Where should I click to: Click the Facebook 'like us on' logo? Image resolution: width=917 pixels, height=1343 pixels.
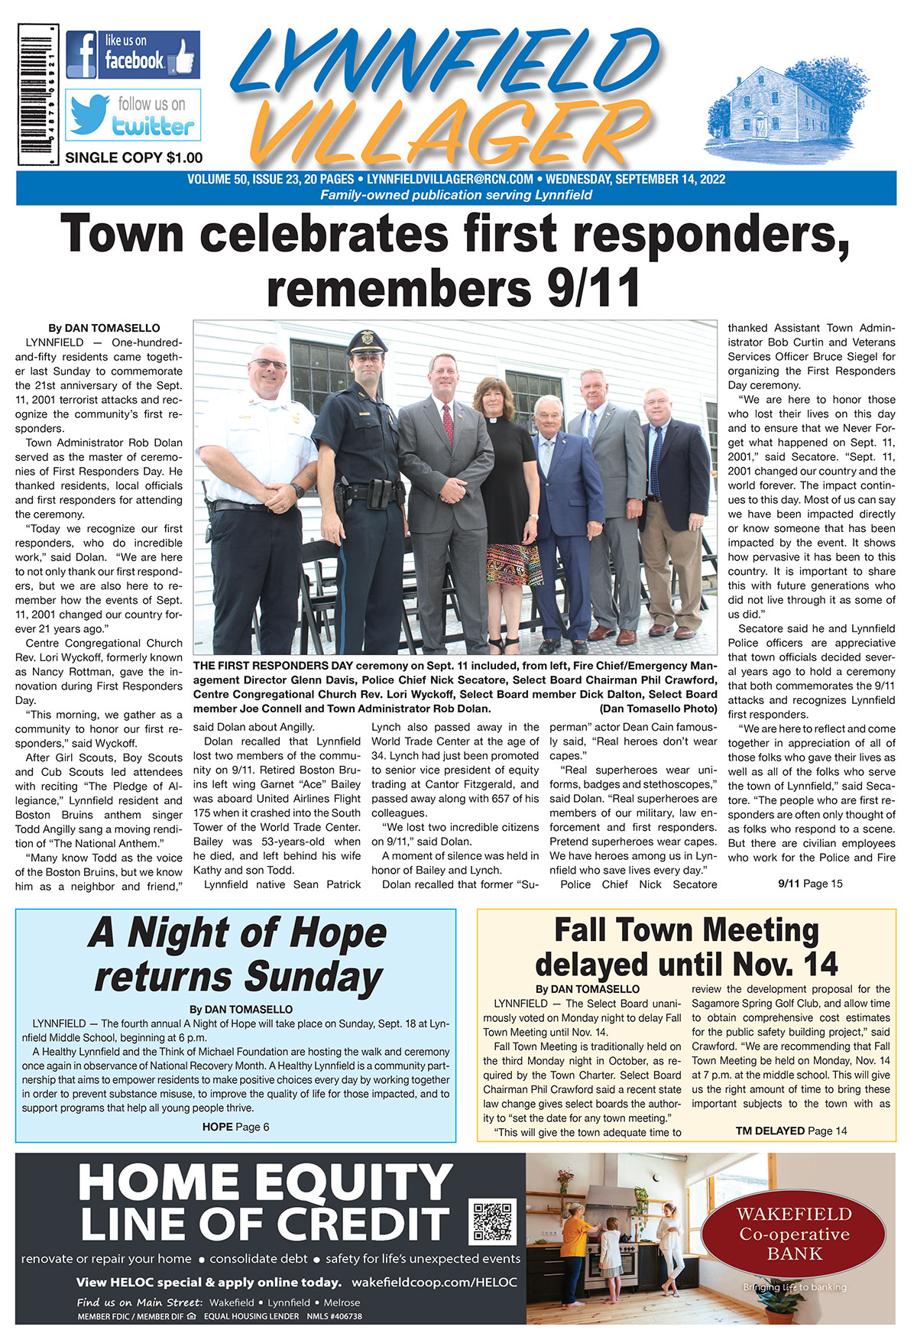132,54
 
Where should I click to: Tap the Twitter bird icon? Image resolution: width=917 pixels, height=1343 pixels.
90,113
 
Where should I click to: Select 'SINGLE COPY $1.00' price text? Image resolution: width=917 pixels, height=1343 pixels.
134,158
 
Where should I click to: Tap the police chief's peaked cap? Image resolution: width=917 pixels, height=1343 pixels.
367,342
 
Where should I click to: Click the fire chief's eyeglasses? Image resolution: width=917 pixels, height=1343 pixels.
269,365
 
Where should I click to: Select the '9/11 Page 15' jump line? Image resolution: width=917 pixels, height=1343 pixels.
810,884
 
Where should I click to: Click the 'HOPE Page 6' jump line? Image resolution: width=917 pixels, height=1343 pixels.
235,1127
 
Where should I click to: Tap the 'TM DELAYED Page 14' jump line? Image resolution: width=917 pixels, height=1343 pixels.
791,1131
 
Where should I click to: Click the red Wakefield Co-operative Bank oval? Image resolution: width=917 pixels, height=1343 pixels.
793,1234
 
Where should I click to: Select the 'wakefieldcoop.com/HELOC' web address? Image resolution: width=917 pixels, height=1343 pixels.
434,1282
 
